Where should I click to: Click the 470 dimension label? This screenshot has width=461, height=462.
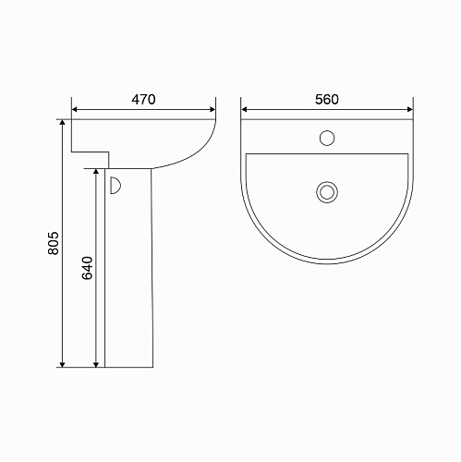[x=143, y=100]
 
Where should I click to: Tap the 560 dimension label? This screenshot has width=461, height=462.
[x=327, y=100]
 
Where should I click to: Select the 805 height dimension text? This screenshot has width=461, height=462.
[x=54, y=243]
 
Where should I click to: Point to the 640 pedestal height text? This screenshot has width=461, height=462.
[x=88, y=268]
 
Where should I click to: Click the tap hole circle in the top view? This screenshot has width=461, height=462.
[x=327, y=138]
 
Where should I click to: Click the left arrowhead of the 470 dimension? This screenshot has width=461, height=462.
[x=74, y=109]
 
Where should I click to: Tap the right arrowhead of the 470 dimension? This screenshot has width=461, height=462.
[x=212, y=109]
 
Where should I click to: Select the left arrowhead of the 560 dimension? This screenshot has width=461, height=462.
[x=244, y=109]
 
